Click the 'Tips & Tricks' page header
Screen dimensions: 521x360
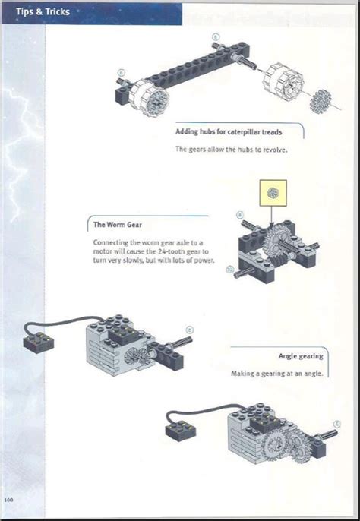(38, 11)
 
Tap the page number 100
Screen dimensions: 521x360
(10, 499)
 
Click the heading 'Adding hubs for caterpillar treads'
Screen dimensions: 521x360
(229, 132)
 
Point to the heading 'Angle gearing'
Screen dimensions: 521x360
(301, 355)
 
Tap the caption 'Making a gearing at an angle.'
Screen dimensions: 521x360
(277, 374)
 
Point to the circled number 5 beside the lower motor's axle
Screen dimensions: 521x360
(337, 424)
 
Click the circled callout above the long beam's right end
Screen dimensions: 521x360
(216, 36)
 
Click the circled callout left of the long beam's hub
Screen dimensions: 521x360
(121, 73)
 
